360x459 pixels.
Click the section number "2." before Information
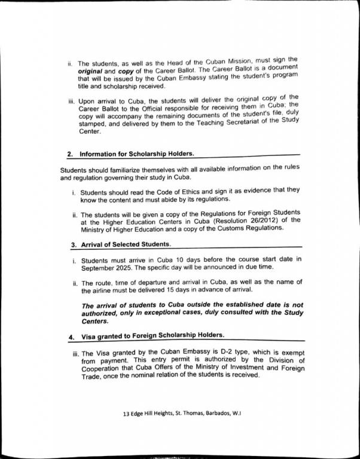pos(70,154)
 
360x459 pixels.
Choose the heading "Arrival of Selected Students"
pos(125,244)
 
